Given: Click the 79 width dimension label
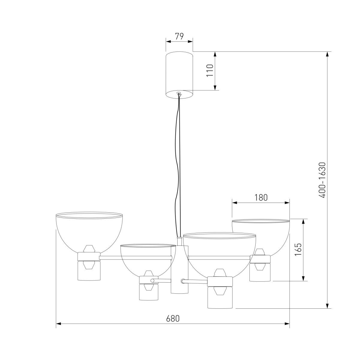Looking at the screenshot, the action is [179, 36].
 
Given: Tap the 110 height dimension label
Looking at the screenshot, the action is [210, 70].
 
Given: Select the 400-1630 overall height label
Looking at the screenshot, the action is [322, 180].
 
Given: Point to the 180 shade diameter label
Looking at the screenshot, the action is [261, 197].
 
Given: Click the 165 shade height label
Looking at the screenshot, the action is [299, 250].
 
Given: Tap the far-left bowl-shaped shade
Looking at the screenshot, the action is [89, 232].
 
